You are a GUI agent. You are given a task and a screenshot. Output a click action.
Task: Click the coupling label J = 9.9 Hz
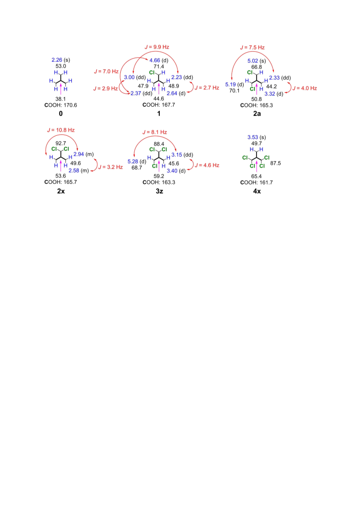(x=157, y=47)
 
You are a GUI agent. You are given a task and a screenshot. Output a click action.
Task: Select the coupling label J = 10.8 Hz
(x=61, y=130)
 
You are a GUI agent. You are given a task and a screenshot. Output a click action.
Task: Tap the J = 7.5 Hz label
(x=252, y=47)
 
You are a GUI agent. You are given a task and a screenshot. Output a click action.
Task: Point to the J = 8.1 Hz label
(x=154, y=132)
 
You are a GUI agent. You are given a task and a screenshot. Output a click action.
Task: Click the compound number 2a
(x=257, y=114)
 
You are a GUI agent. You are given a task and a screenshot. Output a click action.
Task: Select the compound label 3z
(x=159, y=191)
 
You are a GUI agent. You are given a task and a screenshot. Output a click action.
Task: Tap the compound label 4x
(x=257, y=191)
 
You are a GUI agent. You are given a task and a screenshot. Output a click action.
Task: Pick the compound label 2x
(x=61, y=191)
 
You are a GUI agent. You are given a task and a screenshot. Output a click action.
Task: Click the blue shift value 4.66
(x=154, y=60)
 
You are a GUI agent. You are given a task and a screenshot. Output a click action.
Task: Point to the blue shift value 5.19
(x=231, y=84)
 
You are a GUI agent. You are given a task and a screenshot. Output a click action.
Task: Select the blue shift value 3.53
(x=252, y=137)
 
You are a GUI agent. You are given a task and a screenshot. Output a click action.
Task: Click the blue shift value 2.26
(x=57, y=60)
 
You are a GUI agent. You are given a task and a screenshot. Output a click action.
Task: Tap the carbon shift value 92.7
(x=61, y=143)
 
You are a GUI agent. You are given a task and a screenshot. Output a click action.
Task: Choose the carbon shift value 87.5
(x=275, y=163)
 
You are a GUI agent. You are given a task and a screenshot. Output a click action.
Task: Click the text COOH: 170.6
(x=61, y=105)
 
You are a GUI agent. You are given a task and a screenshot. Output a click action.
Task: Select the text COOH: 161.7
(x=256, y=183)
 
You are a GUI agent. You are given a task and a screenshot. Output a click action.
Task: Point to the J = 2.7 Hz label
(x=207, y=88)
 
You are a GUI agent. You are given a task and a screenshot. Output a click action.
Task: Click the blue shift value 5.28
(x=133, y=162)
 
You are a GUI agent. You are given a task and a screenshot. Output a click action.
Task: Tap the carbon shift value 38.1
(x=61, y=99)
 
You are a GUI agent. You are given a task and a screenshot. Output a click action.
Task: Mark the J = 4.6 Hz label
(x=207, y=165)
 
